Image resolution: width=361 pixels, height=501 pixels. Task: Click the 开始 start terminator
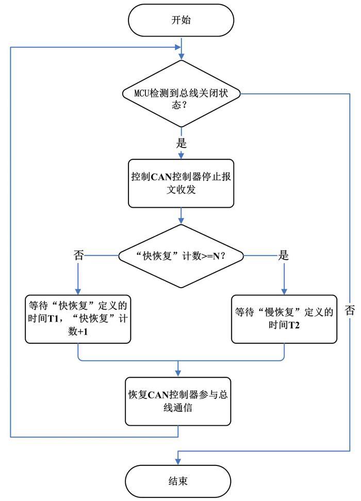[181, 20]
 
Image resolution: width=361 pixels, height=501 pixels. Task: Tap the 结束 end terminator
[178, 481]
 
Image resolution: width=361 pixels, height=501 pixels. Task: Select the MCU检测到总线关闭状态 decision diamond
[182, 94]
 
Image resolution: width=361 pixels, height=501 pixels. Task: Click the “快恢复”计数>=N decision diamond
[181, 256]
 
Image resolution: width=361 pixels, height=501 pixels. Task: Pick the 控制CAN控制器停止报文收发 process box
[181, 183]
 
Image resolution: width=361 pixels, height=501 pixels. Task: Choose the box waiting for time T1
[78, 319]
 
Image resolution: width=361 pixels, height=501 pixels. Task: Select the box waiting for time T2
[284, 319]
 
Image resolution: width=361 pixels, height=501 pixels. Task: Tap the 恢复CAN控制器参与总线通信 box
[178, 402]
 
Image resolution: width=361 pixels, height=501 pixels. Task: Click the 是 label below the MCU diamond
[182, 143]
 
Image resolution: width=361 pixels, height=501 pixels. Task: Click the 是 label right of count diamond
[283, 255]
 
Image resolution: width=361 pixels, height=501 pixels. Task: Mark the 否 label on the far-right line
[350, 310]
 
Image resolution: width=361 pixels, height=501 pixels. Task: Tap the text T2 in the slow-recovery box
[294, 325]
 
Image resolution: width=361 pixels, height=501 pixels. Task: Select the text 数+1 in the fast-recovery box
[78, 331]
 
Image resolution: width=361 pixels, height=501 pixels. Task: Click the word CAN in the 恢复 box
[158, 395]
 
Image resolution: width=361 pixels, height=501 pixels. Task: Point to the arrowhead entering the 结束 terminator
[178, 462]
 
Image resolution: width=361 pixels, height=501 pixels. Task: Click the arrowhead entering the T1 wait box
[78, 291]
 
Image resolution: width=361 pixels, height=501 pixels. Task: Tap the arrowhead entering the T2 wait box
[284, 291]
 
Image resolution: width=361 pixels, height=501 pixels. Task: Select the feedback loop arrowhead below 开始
[177, 47]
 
